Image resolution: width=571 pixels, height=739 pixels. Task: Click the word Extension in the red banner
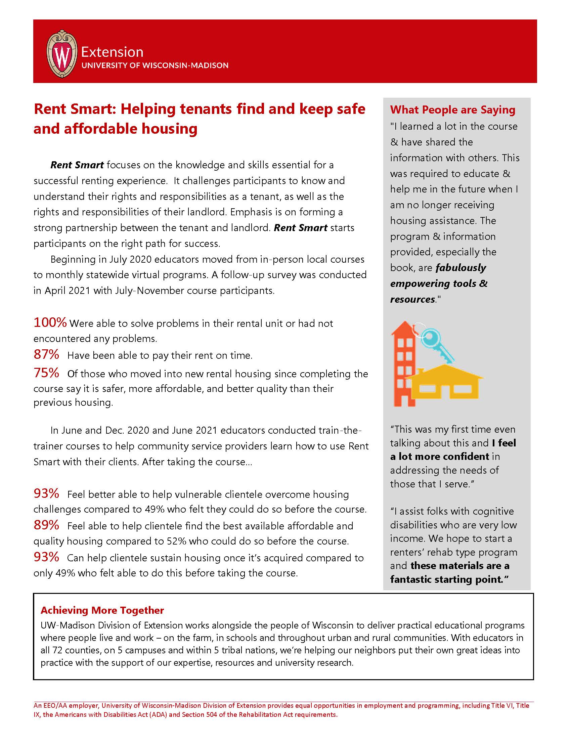[112, 52]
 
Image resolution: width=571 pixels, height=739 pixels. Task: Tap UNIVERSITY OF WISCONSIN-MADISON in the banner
[155, 66]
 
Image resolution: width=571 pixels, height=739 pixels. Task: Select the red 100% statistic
[50, 323]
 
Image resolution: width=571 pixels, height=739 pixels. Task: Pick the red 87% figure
[46, 355]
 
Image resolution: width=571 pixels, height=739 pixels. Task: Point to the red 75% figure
[46, 373]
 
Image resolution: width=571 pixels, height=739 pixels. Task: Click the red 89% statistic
[46, 525]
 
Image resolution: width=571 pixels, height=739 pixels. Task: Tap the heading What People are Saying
[452, 110]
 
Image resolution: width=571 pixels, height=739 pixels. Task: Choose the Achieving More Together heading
[102, 610]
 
